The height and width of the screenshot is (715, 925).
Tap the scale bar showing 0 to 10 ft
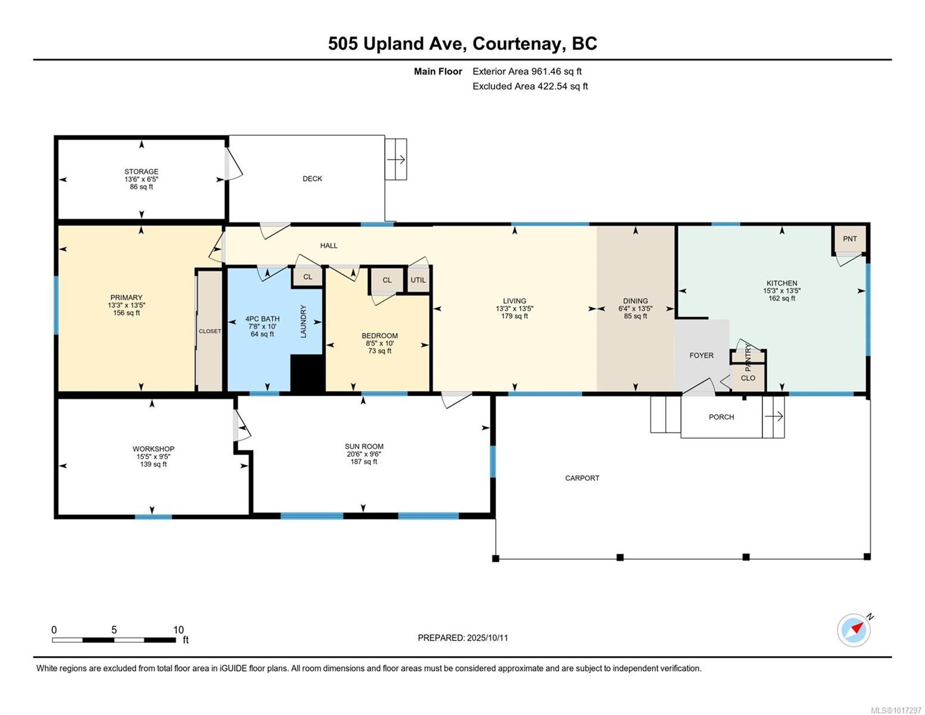(x=114, y=639)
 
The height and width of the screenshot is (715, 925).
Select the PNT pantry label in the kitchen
(x=850, y=239)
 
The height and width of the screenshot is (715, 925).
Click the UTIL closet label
(x=418, y=280)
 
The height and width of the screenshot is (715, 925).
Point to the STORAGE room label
(x=141, y=172)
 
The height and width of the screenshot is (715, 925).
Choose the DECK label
(x=312, y=179)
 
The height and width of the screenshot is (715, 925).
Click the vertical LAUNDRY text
(x=304, y=322)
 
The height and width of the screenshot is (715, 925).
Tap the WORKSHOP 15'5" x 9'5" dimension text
(x=153, y=456)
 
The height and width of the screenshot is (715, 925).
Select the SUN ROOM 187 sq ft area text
(x=364, y=462)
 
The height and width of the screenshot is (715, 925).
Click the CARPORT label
(x=582, y=478)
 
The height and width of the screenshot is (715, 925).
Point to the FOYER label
(x=702, y=355)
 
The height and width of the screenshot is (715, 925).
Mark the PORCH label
(x=721, y=417)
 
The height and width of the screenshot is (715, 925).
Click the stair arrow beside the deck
(x=396, y=160)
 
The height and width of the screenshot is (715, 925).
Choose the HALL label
(x=329, y=245)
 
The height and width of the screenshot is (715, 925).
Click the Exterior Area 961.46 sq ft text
(x=527, y=71)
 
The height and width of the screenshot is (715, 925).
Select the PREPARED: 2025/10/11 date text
(x=463, y=638)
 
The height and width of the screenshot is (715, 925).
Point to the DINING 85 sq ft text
(x=636, y=316)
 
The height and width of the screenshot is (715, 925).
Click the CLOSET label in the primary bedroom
(x=210, y=331)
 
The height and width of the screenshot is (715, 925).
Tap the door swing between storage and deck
(x=234, y=164)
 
